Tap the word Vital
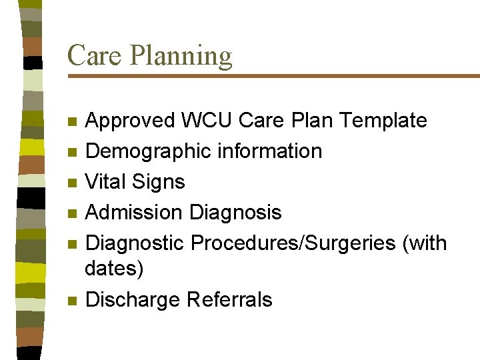pyautogui.click(x=107, y=182)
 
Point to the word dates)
pyautogui.click(x=114, y=269)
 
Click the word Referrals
pyautogui.click(x=229, y=300)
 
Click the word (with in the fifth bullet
pyautogui.click(x=425, y=244)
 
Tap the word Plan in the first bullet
pyautogui.click(x=313, y=121)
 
